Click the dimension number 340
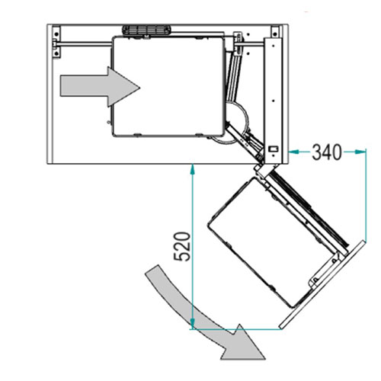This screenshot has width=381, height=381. tap(327, 152)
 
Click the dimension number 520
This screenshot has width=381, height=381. tap(182, 246)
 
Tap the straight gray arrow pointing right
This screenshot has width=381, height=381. tap(100, 87)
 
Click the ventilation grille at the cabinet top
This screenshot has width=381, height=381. tap(146, 30)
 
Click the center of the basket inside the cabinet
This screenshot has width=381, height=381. tap(168, 86)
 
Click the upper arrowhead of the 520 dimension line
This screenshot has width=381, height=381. tap(193, 169)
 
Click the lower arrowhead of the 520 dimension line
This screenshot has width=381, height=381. tap(193, 324)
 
